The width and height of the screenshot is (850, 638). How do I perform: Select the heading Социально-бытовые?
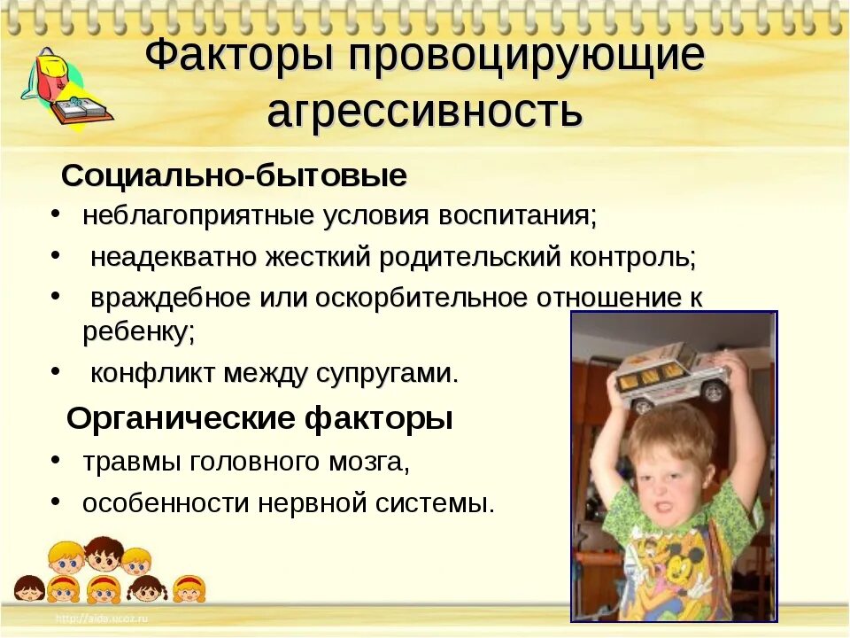(234, 176)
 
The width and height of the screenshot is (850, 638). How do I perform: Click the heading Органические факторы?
(259, 418)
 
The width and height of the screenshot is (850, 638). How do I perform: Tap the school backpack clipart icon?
(50, 75)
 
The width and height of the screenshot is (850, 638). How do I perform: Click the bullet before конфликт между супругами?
(56, 371)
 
